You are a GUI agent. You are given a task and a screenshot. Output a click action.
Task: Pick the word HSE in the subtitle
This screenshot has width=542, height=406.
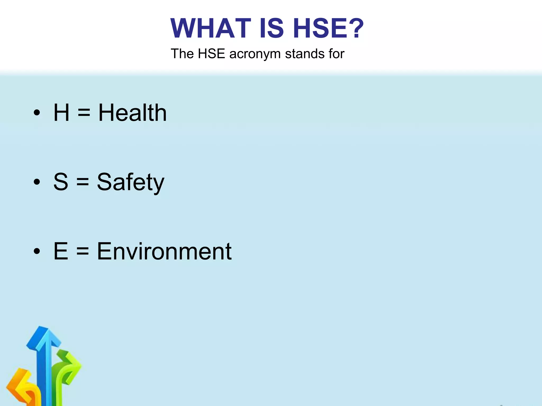click(x=211, y=54)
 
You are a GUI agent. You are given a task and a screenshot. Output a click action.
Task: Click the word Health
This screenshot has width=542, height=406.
click(x=133, y=113)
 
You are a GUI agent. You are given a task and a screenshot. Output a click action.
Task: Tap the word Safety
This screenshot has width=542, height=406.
click(x=131, y=182)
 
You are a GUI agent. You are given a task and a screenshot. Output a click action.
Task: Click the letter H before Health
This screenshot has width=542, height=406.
click(x=61, y=113)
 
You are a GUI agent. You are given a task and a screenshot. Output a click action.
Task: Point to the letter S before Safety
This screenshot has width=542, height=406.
click(x=61, y=182)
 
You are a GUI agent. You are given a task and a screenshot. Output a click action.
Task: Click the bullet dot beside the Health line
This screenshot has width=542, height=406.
click(x=37, y=113)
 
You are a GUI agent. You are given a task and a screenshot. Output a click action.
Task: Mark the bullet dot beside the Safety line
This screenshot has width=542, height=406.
click(x=37, y=182)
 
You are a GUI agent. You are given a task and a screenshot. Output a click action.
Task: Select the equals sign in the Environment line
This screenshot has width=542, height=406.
click(x=83, y=252)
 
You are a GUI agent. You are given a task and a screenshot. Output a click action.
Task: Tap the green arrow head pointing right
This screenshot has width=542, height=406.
click(x=74, y=365)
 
